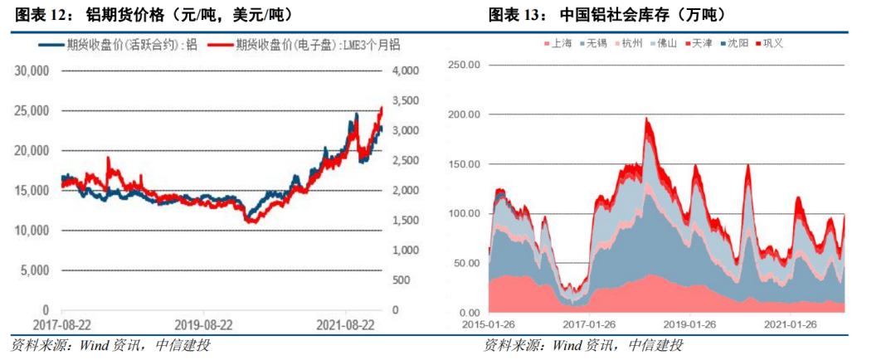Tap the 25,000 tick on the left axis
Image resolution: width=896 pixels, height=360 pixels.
click(x=32, y=110)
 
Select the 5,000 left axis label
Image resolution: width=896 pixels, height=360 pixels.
click(x=36, y=270)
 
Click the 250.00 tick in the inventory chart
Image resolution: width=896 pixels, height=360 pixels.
click(x=464, y=65)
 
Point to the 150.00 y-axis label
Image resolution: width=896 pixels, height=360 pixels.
click(x=464, y=164)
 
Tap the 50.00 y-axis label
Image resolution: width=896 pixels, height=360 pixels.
click(x=466, y=263)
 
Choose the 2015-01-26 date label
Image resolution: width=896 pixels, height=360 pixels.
click(x=490, y=325)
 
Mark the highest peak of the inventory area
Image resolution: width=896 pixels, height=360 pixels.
click(x=646, y=119)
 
